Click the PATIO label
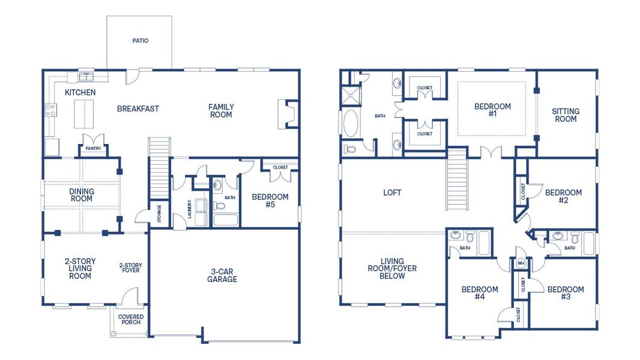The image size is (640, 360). pos(140,41)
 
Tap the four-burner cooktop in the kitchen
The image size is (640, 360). pos(50,110)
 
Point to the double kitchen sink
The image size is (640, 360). pos(88,76)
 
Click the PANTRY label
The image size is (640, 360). pos(93,148)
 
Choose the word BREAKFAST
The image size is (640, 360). pos(138,109)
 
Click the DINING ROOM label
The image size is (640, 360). pos(82,195)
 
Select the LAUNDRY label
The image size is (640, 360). pos(190,209)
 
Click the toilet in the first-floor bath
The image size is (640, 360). pos(219,206)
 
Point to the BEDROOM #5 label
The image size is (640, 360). pos(270,200)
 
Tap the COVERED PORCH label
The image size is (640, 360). pos(130,319)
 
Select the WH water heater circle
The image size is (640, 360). pos(521,263)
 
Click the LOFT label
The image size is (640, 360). pos(392,193)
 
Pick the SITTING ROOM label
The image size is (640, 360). pos(565,115)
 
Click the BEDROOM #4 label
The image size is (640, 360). pos(479,293)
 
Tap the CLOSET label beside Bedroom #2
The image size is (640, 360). pos(523,191)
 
